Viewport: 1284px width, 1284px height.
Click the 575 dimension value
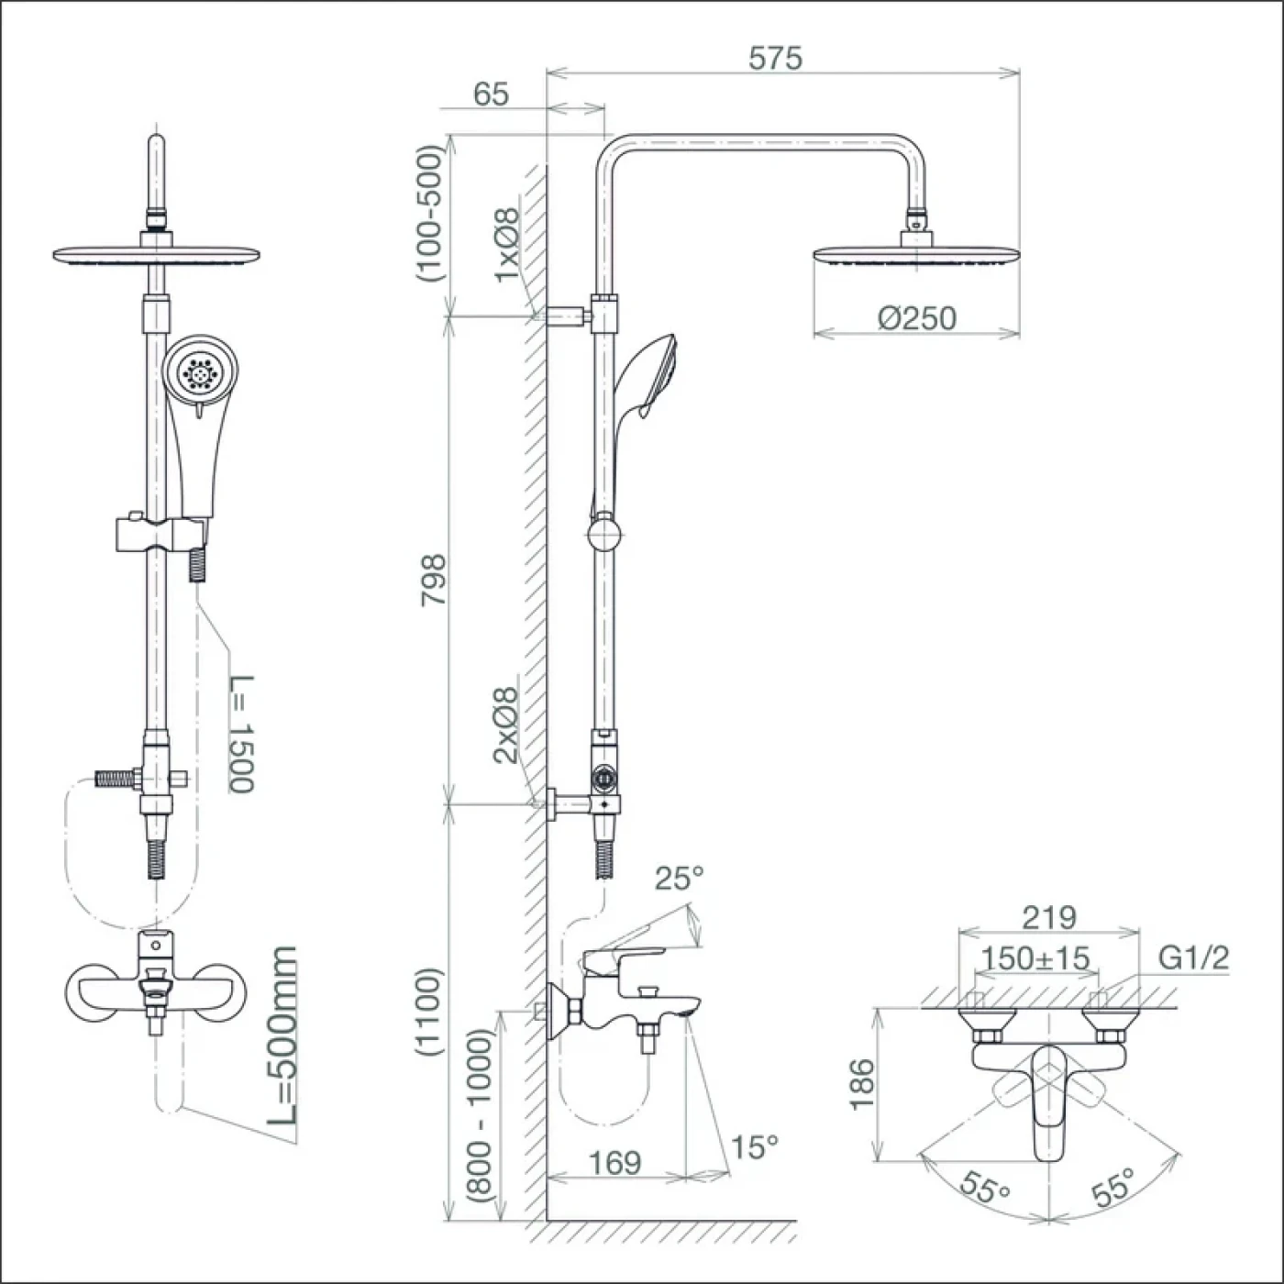click(776, 59)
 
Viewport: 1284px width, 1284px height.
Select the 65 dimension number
click(491, 94)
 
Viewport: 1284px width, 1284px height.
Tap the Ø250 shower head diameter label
click(917, 318)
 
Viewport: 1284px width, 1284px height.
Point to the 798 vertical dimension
click(433, 580)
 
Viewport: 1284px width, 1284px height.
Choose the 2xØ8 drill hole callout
click(505, 725)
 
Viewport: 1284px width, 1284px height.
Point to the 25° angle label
click(679, 880)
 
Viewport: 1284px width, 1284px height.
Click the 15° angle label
click(754, 1146)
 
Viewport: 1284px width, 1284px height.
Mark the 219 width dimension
click(1049, 917)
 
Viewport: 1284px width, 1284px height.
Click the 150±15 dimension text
click(1036, 958)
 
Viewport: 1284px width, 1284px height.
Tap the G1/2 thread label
click(1194, 957)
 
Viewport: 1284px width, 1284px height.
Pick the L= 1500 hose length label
click(241, 734)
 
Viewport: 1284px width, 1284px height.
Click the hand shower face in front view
click(200, 371)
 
